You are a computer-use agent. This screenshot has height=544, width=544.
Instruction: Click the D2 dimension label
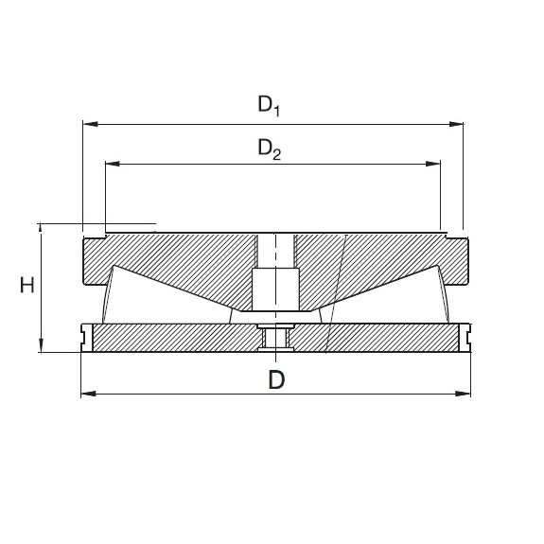pos(270,149)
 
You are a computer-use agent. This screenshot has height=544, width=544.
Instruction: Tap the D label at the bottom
pos(275,380)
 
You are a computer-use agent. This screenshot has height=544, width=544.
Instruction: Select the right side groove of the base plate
pos(466,336)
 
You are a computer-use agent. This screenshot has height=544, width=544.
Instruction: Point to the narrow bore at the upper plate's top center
pos(275,250)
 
